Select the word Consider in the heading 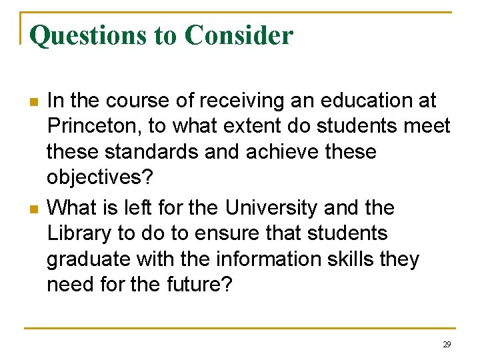(x=238, y=35)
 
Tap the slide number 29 (x=446, y=345)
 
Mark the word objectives (x=100, y=178)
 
